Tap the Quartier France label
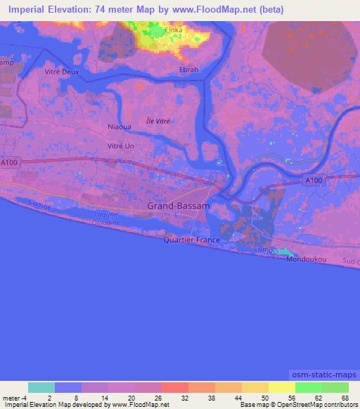[191, 240]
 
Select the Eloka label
[173, 31]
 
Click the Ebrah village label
[190, 70]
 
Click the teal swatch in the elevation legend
[41, 387]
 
